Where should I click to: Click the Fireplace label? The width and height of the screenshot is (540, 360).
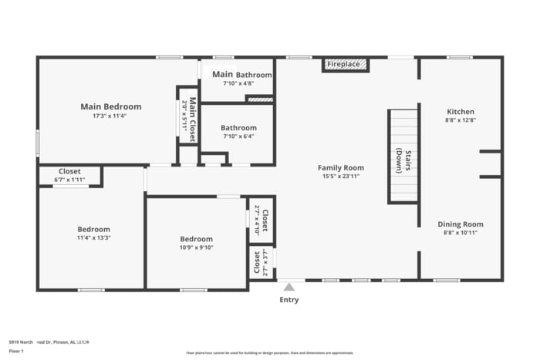343,64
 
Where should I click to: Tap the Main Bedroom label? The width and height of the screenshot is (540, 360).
111,106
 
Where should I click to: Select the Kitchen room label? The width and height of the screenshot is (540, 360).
460,112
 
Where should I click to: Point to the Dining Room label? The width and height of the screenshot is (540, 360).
461,224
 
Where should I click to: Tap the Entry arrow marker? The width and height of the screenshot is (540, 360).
289,287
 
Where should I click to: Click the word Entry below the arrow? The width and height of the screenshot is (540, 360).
289,300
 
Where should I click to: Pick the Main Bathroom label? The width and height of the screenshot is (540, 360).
237,75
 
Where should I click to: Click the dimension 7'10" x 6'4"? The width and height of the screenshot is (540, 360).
238,136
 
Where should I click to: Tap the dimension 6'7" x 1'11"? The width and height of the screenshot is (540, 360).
69,180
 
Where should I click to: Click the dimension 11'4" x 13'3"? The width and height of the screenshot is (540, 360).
93,237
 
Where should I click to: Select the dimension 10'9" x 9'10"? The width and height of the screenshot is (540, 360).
196,247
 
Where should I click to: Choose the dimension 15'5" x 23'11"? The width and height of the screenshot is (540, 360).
341,176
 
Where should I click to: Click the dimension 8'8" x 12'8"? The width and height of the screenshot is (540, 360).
460,120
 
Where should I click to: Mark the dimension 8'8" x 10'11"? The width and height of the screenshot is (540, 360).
461,232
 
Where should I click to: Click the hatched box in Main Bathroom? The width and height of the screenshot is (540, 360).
260,99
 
